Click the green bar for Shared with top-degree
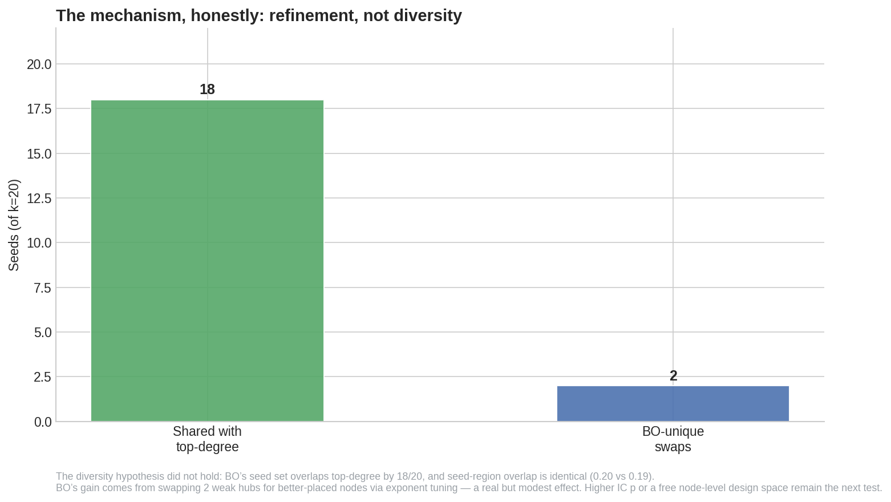pos(207,261)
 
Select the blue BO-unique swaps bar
pos(673,403)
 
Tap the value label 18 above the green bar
pos(207,90)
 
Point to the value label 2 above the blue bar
pos(673,376)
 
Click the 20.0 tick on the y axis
pos(39,64)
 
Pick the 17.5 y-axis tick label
pos(39,109)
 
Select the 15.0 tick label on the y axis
pos(39,154)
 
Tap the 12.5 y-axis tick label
pos(39,199)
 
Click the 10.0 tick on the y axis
pos(39,243)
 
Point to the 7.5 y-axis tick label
pos(43,288)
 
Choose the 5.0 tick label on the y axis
pos(43,333)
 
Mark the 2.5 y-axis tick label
pos(43,377)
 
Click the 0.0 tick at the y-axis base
pos(43,422)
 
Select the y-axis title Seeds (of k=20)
pos(14,225)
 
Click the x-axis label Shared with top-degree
pos(207,439)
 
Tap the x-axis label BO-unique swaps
pos(673,439)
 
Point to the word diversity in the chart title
pos(428,16)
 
